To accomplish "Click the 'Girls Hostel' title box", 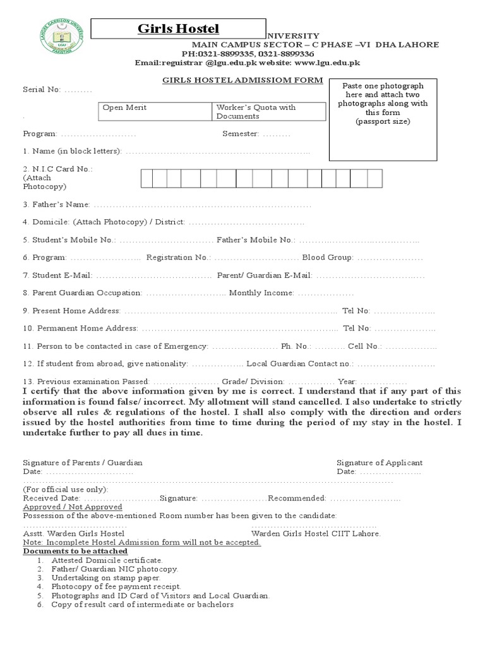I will tap(179, 28).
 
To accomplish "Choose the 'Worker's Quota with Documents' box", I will tap(270, 111).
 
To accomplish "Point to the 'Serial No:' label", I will tap(42, 90).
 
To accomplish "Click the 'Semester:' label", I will tap(241, 134).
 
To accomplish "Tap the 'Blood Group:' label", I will tap(328, 258).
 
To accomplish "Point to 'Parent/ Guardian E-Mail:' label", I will tap(265, 275).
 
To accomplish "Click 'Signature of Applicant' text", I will tap(380, 463).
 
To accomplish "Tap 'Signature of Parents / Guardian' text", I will tap(83, 463).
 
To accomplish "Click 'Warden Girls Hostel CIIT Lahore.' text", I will tap(316, 534).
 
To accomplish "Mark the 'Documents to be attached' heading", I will tap(75, 552).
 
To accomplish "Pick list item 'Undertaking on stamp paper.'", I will tap(106, 577).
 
